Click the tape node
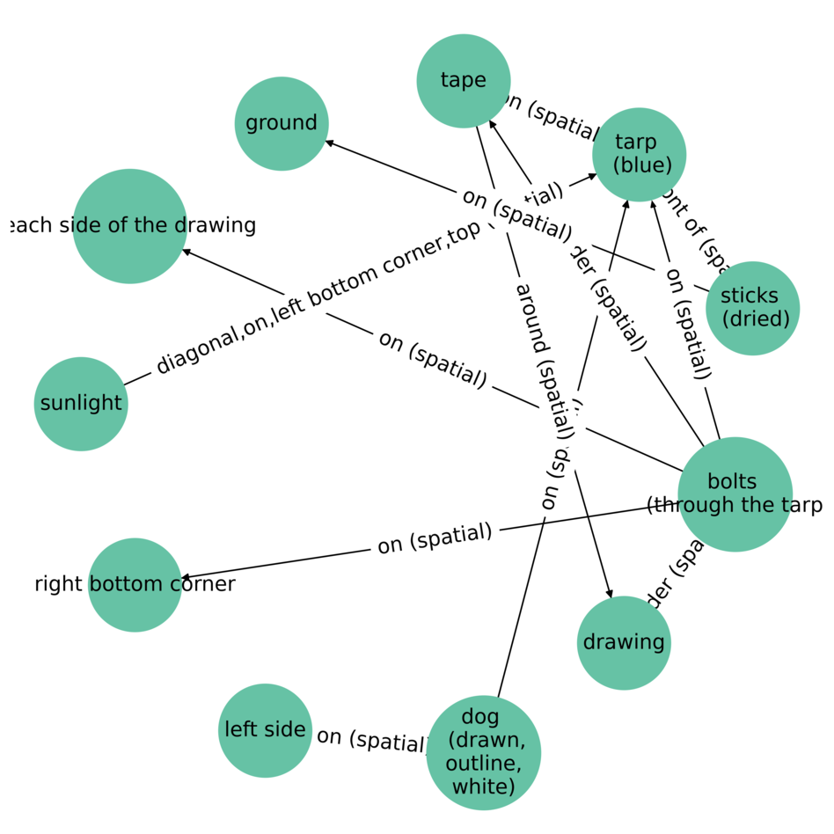coord(464,81)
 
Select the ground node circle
coord(282,123)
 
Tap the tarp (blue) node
coord(640,154)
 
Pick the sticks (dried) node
coord(752,308)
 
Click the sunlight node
coord(81,404)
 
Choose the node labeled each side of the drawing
coord(130,226)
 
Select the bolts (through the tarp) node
coord(735,494)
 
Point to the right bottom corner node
coord(135,584)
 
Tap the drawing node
coord(624,642)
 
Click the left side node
coord(265,730)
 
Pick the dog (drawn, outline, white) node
coord(483,752)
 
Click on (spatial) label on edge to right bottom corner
coord(434,538)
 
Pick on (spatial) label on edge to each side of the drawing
coord(432,359)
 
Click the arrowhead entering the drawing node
coord(608,594)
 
